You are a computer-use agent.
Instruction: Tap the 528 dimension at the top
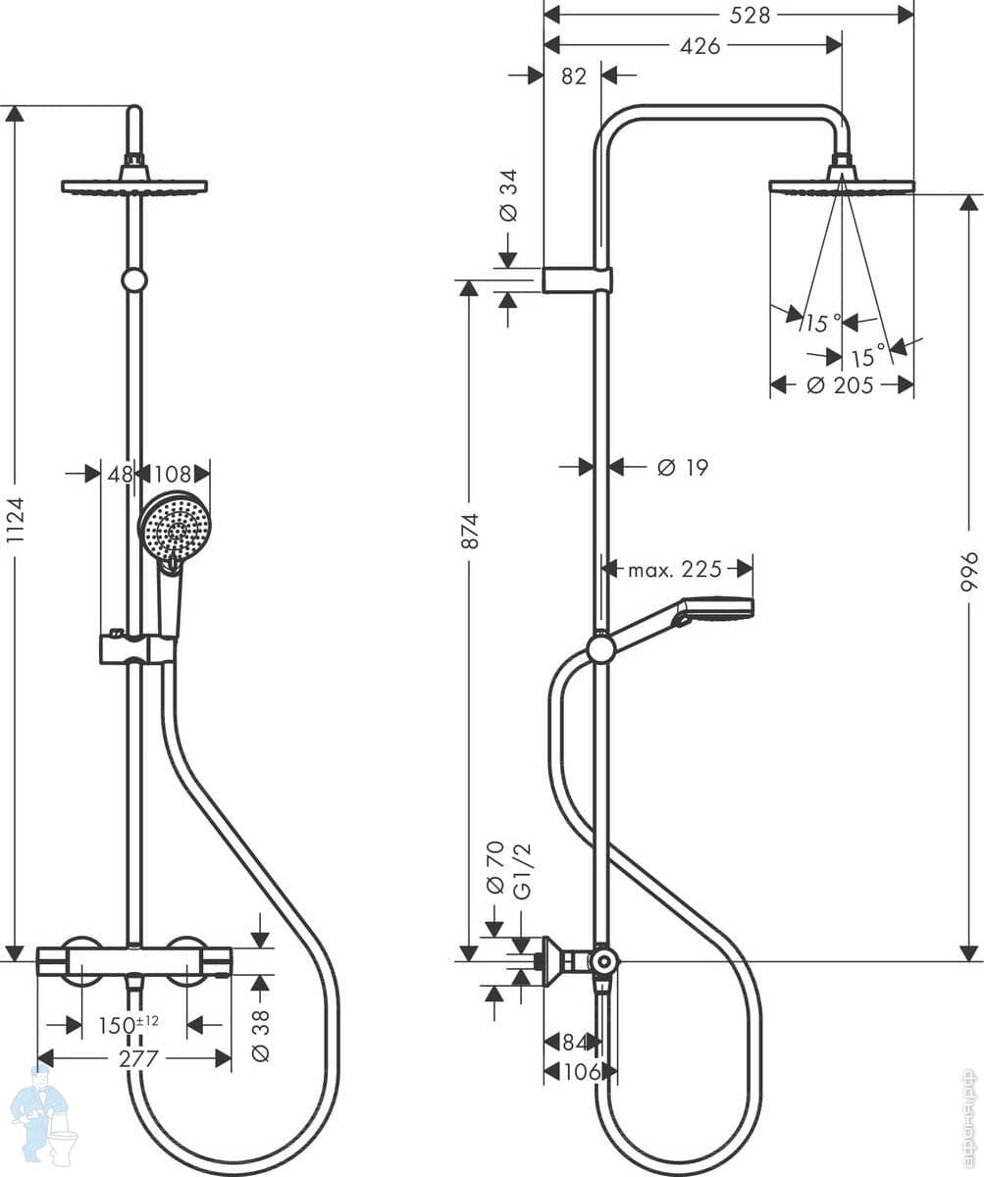tap(750, 16)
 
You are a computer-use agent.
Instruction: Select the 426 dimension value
tap(699, 46)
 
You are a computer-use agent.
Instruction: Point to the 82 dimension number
tap(574, 77)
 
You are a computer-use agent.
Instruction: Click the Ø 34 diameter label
tap(508, 195)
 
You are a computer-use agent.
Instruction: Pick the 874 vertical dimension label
tap(470, 531)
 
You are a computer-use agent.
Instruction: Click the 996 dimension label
tap(968, 571)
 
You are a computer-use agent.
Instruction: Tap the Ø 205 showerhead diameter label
tap(840, 385)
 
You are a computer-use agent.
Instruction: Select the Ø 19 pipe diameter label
tap(683, 467)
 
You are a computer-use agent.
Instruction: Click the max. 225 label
tap(674, 569)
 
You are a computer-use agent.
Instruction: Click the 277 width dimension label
tap(138, 1059)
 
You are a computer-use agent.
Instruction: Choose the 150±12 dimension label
tap(129, 1025)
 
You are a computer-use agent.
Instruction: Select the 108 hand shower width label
tap(172, 474)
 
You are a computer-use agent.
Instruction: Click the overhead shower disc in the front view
tap(134, 187)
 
